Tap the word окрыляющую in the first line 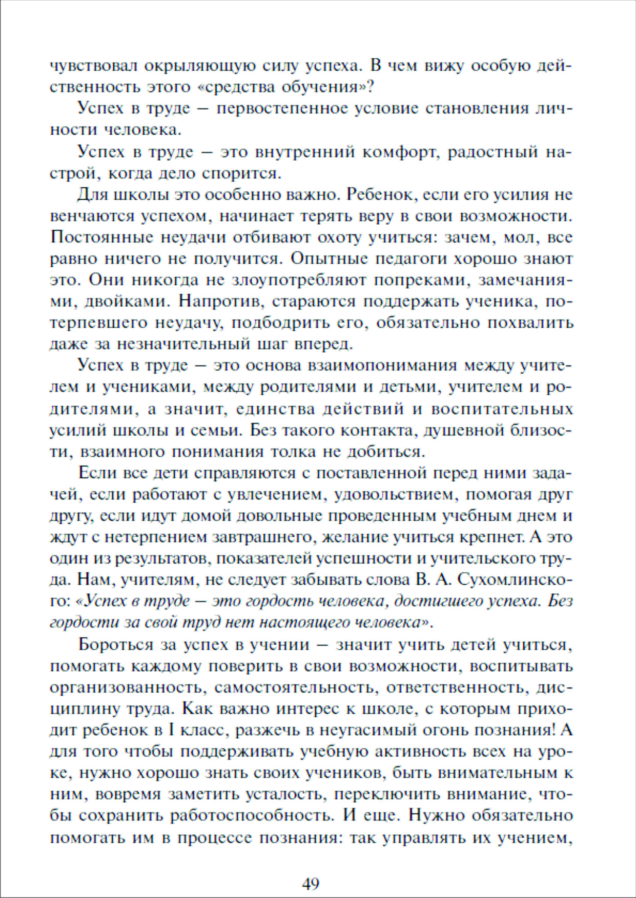[x=199, y=66]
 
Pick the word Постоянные [x=101, y=238]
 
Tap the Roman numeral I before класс [x=172, y=730]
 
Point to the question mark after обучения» [x=371, y=87]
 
